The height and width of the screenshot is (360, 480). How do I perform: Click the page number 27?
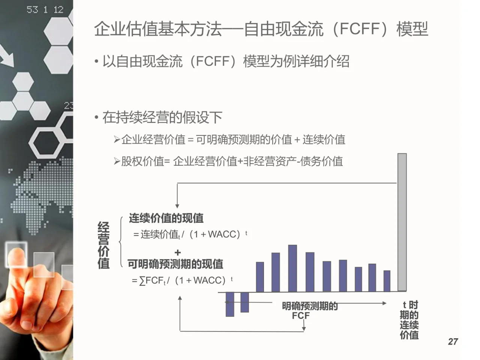(453, 341)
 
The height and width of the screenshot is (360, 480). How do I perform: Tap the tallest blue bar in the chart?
(292, 268)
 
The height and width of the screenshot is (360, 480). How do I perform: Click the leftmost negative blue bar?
(230, 304)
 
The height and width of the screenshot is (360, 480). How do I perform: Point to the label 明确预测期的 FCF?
(309, 310)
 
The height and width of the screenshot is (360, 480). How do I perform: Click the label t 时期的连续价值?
(409, 320)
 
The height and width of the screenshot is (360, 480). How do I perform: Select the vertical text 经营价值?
(103, 244)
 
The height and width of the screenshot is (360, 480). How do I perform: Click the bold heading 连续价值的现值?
(166, 218)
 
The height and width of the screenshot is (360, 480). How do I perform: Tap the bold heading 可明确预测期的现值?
(175, 264)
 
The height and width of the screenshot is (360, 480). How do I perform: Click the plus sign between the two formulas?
(178, 253)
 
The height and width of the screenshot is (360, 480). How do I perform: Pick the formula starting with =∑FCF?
(182, 280)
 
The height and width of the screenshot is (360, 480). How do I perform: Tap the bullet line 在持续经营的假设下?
(162, 117)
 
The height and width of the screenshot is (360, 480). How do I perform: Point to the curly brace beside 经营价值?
(121, 242)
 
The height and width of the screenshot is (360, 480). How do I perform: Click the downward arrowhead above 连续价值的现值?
(177, 206)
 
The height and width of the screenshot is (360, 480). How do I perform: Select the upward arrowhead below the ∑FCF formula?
(180, 298)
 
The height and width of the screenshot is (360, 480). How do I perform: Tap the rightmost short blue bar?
(387, 281)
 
